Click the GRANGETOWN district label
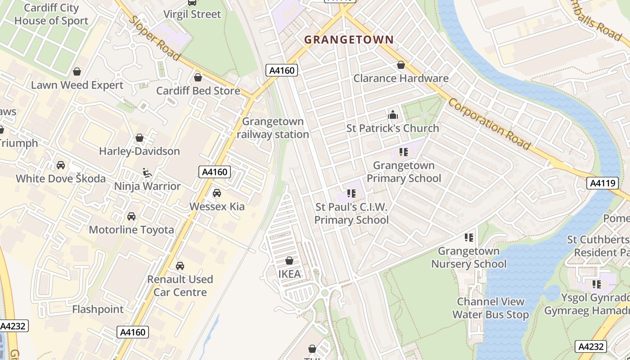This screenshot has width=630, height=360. click(349, 40)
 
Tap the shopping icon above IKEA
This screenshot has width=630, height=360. click(289, 261)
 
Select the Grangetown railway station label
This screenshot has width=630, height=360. click(273, 128)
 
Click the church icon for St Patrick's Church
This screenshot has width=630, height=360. click(393, 115)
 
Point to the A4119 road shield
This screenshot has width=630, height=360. click(601, 183)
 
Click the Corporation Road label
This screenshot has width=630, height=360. click(490, 123)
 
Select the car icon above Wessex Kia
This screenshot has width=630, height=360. click(217, 193)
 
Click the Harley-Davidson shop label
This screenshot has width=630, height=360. click(139, 151)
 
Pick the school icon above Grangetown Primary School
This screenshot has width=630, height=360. click(404, 152)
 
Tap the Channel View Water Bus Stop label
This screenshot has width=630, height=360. click(490, 308)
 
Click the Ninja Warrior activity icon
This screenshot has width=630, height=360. click(147, 172)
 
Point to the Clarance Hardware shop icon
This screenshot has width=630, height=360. click(401, 65)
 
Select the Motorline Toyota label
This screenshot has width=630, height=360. click(131, 230)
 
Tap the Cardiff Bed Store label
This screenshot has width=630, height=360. click(198, 91)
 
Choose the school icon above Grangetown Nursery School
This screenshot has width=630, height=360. click(469, 237)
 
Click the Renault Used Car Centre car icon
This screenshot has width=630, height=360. click(180, 266)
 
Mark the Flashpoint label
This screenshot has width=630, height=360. click(98, 310)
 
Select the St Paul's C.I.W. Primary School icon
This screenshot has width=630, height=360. click(351, 193)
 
